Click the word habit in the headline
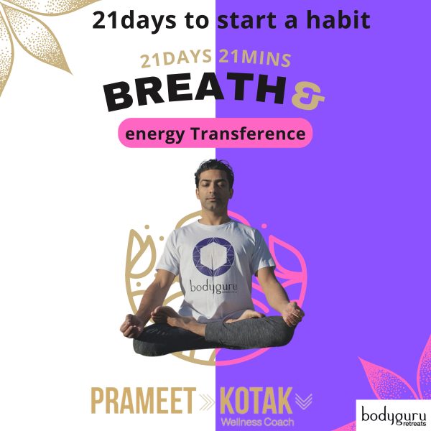(338, 20)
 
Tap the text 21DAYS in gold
(176, 59)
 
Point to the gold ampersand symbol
(308, 97)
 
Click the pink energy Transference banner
(215, 133)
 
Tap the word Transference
(248, 134)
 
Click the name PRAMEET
(143, 400)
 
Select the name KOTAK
(256, 400)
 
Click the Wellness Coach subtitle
(257, 422)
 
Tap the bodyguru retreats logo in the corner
(394, 415)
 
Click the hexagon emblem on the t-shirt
(213, 256)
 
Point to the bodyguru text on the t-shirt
(213, 287)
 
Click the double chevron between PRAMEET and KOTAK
(207, 402)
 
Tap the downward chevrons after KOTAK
(304, 401)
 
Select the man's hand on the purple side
(293, 313)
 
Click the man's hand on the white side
(132, 326)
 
